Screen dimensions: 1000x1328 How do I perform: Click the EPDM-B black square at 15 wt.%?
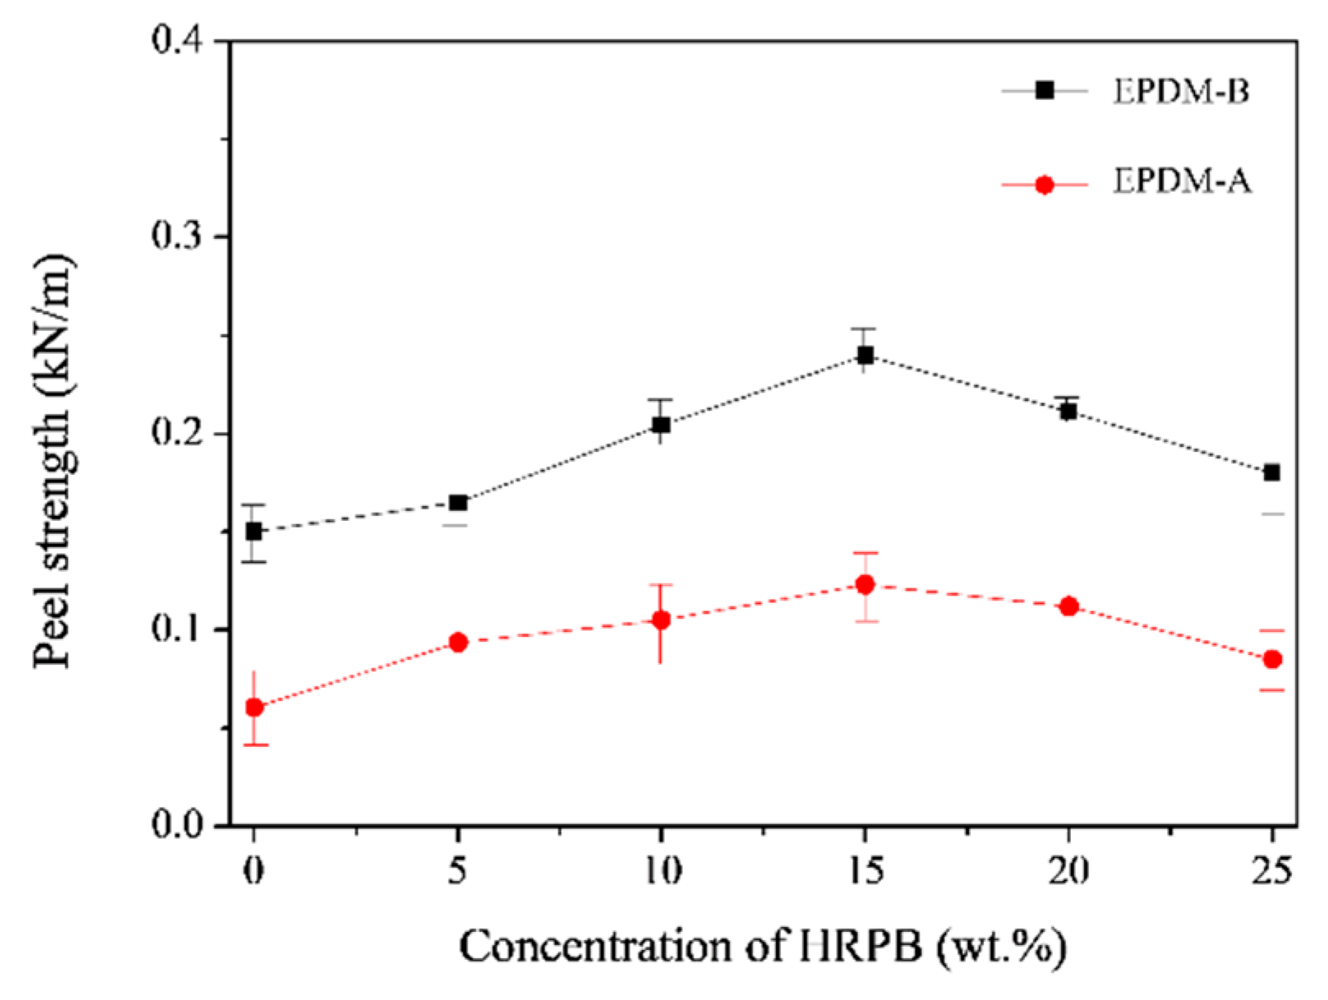point(865,355)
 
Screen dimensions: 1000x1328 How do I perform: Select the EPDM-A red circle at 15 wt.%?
point(865,585)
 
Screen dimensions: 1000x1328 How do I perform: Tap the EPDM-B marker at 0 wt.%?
point(254,532)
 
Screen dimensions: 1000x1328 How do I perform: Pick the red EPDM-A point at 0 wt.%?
point(254,708)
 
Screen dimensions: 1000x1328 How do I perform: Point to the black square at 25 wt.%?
point(1272,473)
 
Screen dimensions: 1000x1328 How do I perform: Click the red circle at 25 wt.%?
point(1272,659)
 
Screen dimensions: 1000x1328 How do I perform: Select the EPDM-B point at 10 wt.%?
point(661,425)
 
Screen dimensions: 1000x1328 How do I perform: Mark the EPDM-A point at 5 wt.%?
point(458,642)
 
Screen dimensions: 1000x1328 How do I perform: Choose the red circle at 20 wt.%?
point(1068,607)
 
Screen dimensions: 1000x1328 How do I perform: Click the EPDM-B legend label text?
point(1181,91)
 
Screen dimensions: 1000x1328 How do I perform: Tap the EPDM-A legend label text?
point(1181,182)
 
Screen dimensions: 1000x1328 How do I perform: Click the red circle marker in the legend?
point(1044,185)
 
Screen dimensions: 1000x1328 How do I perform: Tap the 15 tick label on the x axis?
point(865,871)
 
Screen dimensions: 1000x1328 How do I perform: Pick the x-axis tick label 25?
point(1272,871)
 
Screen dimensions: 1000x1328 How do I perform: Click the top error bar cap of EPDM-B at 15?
point(865,329)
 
